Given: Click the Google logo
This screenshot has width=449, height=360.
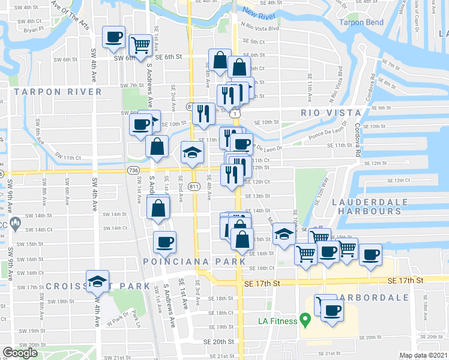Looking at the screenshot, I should click(x=20, y=353).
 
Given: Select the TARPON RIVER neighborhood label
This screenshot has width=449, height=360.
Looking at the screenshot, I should click(x=58, y=92).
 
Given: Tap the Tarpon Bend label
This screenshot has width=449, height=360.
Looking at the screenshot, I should click(x=361, y=22).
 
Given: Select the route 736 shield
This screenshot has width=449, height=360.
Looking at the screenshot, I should click(x=133, y=171).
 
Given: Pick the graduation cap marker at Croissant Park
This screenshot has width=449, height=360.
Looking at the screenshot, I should click(x=97, y=281).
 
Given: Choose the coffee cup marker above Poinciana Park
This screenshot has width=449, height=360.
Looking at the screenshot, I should click(x=164, y=242).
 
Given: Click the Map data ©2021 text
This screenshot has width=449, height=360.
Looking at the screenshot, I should click(x=423, y=355).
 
